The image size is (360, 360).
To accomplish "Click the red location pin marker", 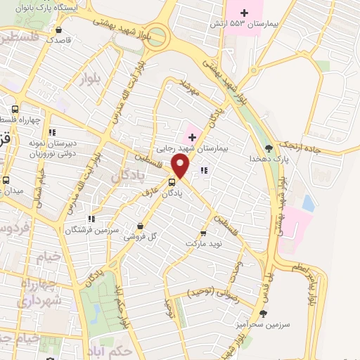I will pyautogui.click(x=181, y=166).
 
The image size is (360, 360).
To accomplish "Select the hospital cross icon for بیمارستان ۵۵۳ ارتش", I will pyautogui.click(x=244, y=12).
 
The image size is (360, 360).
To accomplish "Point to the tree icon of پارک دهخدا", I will pyautogui.click(x=269, y=148).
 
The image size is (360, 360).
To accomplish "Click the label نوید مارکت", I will pyautogui.click(x=203, y=243).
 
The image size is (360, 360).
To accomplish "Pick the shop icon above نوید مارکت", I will pyautogui.click(x=203, y=232).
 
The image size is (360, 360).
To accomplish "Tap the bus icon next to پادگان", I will pyautogui.click(x=172, y=182).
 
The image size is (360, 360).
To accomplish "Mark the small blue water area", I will pyautogui.click(x=307, y=202).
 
